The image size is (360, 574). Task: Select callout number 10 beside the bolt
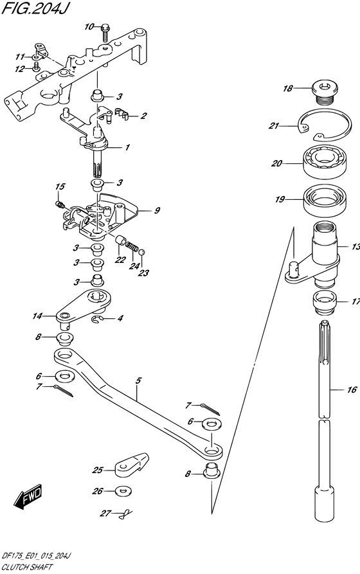(x=89, y=26)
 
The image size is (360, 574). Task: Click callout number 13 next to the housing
(x=354, y=247)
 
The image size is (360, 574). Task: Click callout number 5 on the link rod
(x=138, y=381)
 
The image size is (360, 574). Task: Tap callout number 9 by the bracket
(x=157, y=210)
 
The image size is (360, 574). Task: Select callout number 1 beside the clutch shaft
(x=127, y=147)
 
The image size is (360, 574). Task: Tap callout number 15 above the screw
(x=60, y=186)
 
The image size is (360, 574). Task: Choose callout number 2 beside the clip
(x=143, y=116)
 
